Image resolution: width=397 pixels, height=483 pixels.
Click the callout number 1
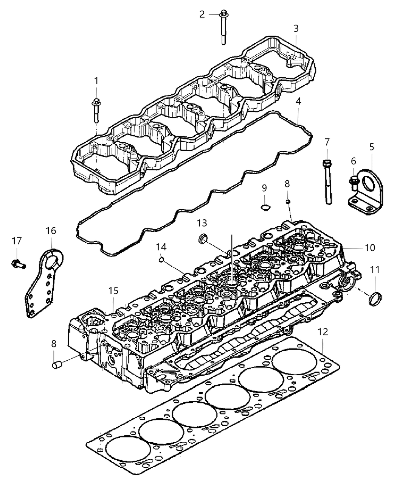pos(96,81)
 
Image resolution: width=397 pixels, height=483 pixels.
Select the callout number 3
pos(296,28)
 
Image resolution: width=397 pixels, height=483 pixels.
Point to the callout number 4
pos(298,102)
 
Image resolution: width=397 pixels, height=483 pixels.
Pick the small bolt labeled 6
pos(354,183)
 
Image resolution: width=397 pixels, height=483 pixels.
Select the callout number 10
pos(369,248)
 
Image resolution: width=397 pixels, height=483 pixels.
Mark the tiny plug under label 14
pos(161,259)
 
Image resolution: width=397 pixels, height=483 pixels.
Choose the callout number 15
pos(113,291)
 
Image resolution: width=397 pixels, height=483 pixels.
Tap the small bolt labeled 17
pos(17,262)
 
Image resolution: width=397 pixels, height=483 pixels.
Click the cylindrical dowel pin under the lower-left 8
pos(56,365)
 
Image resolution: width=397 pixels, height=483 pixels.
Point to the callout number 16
pos(51,231)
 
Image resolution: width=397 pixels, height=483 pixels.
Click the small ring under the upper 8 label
pos(288,202)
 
